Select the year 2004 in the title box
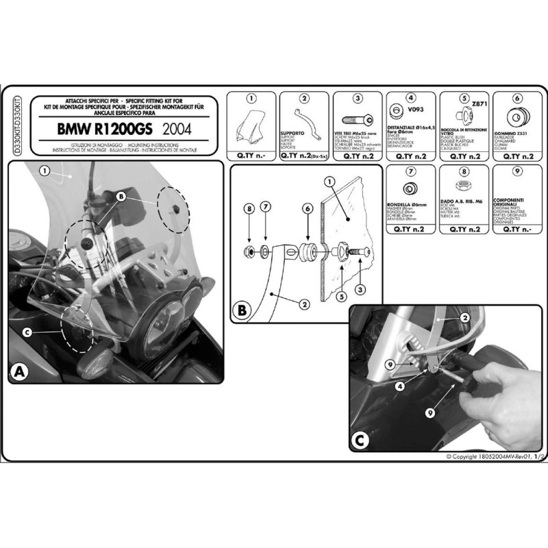[177, 128]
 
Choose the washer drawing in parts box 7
[409, 188]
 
